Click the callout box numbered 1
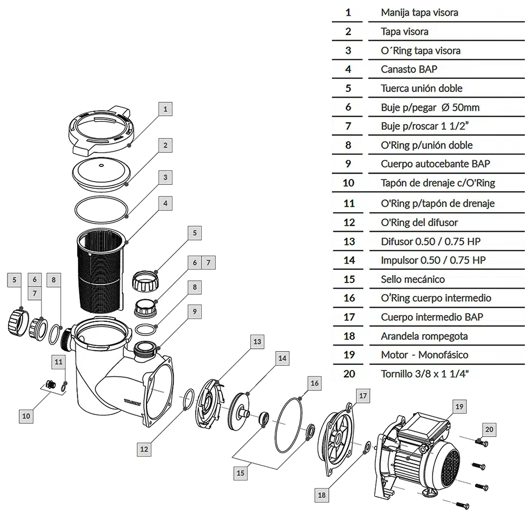coord(165,109)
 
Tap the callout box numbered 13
coord(257,342)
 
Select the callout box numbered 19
coord(459,406)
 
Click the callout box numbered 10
coord(26,416)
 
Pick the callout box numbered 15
coord(240,473)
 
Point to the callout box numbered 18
coord(321,495)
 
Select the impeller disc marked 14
coord(240,412)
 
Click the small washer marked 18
coord(367,447)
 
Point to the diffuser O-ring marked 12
coord(189,400)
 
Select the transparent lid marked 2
coord(101,174)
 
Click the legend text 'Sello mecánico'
coord(413,279)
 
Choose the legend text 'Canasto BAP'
coord(409,69)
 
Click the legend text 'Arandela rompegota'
coord(424,336)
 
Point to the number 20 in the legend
coord(349,374)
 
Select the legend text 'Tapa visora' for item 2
coord(404,31)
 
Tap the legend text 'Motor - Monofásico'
coord(425,355)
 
